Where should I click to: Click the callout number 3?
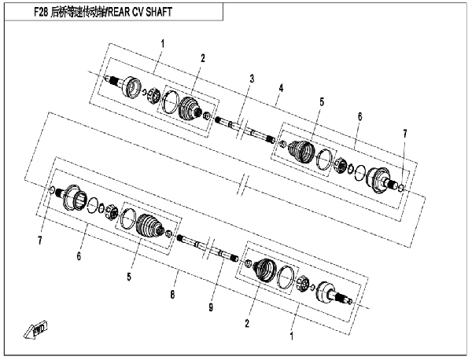[x=252, y=79]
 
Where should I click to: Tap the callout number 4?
[x=281, y=88]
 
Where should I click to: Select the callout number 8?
[x=172, y=295]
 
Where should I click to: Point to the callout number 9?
[x=211, y=307]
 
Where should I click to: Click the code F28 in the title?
[x=41, y=12]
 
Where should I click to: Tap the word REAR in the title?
[x=120, y=12]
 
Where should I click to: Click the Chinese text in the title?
[x=78, y=12]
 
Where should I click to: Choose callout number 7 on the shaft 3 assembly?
[x=405, y=134]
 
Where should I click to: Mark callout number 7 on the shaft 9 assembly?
[x=40, y=241]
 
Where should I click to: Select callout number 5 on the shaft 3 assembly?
[x=322, y=102]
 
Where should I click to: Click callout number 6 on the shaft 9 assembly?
[x=79, y=256]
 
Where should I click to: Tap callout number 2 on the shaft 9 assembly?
[x=247, y=324]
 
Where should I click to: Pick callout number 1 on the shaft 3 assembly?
[x=163, y=44]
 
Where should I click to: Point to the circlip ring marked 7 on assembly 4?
[x=401, y=189]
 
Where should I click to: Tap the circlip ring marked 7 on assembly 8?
[x=51, y=189]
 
